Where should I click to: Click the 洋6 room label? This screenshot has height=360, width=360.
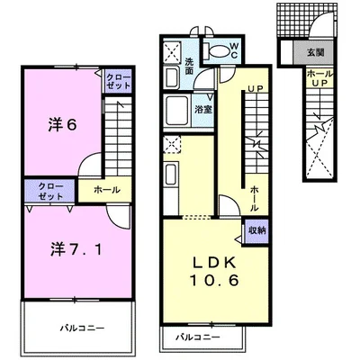pyautogui.click(x=62, y=125)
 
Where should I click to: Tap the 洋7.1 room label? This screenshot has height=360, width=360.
pyautogui.click(x=76, y=249)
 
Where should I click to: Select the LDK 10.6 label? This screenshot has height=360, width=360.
pyautogui.click(x=214, y=272)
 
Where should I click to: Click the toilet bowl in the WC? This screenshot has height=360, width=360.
pyautogui.click(x=219, y=50)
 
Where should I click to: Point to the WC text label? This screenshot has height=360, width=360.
pyautogui.click(x=234, y=50)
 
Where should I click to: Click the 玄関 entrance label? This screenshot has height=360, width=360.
pyautogui.click(x=315, y=52)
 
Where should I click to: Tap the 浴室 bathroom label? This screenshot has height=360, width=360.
pyautogui.click(x=203, y=109)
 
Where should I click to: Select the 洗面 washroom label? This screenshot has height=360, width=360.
pyautogui.click(x=189, y=66)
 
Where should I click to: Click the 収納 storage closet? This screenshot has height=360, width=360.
pyautogui.click(x=256, y=230)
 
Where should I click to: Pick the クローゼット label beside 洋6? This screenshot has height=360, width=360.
pyautogui.click(x=119, y=81)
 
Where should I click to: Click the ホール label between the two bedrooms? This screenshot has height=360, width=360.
pyautogui.click(x=107, y=190)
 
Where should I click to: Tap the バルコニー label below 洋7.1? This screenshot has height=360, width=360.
pyautogui.click(x=82, y=328)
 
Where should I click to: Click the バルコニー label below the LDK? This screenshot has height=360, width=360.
pyautogui.click(x=197, y=337)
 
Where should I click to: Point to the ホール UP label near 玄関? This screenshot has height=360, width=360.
pyautogui.click(x=320, y=78)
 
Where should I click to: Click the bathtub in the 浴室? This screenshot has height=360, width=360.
pyautogui.click(x=177, y=111)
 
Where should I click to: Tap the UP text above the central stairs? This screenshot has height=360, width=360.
pyautogui.click(x=256, y=88)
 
